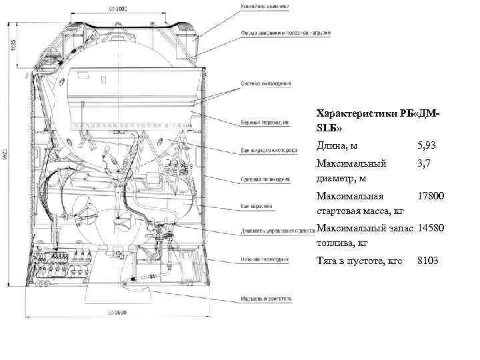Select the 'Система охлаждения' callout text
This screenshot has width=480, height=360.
tap(266, 84)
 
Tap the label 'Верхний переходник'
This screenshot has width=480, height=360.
tap(265, 123)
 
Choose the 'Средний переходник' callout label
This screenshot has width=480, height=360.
tap(265, 179)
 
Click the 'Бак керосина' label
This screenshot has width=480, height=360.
tap(257, 206)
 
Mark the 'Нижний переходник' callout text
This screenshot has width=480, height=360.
tap(264, 259)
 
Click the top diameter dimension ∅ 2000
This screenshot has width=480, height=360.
tap(118, 9)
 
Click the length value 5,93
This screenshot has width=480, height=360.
tap(427, 145)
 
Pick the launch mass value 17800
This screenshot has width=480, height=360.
tap(430, 197)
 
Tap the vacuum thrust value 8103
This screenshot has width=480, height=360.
tap(427, 260)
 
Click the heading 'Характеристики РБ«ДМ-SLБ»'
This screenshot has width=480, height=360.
tap(377, 120)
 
